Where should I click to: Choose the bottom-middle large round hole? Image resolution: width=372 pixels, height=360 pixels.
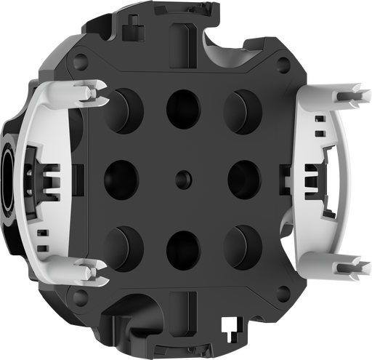tap(182, 247)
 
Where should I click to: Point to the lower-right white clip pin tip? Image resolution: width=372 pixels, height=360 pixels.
tap(359, 259)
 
